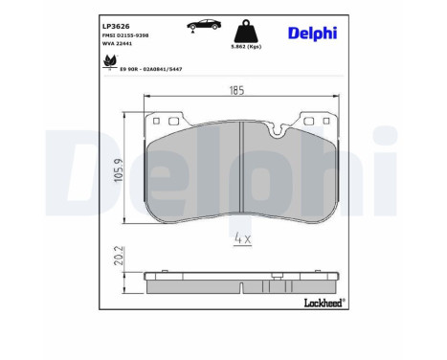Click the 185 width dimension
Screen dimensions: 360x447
236,91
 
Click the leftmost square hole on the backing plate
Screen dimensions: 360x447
156,121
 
